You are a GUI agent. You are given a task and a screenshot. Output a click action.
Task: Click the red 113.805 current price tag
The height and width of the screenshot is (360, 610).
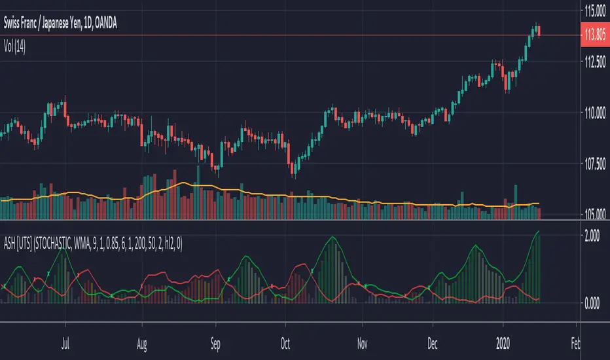(x=593, y=35)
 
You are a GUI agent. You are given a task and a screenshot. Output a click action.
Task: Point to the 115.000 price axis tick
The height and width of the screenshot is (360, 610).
(x=593, y=10)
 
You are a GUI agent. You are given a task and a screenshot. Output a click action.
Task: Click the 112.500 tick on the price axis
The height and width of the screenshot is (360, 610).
(x=593, y=62)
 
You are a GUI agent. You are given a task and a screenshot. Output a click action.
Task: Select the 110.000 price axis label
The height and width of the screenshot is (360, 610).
(x=593, y=114)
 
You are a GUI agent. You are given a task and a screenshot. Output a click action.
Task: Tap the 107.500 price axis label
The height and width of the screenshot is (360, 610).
(x=593, y=165)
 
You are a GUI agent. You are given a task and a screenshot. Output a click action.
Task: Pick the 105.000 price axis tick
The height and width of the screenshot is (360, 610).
(x=593, y=213)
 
